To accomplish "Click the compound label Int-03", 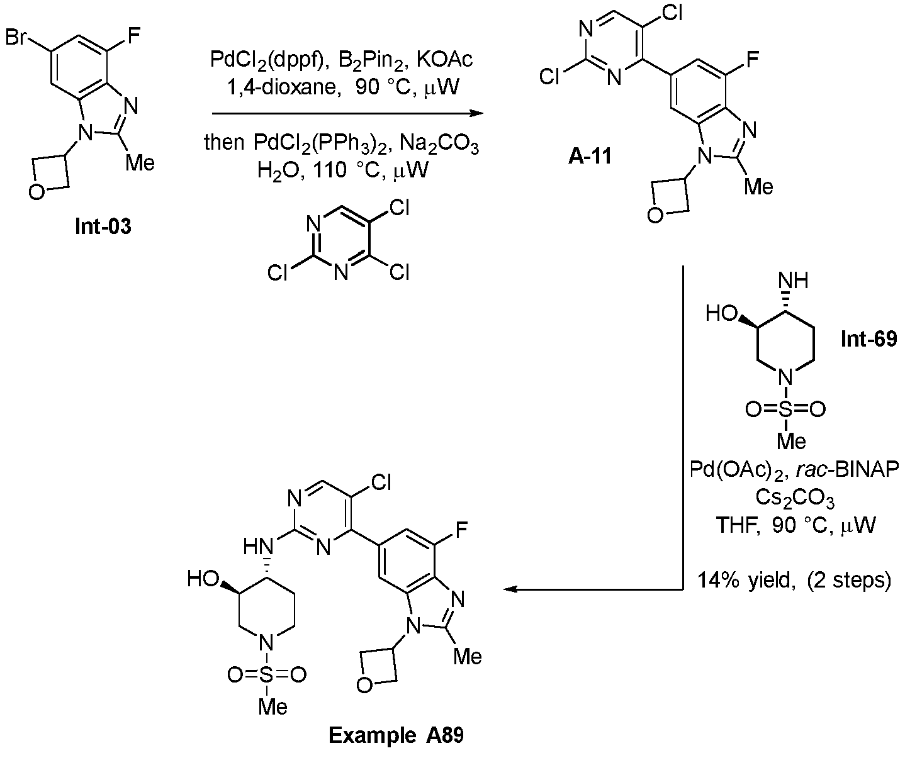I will coord(103,226).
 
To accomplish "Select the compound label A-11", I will coord(590,155).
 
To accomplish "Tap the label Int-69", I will coord(869,339).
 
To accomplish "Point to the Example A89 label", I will coord(396,735).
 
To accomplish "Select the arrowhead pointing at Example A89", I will coord(511,590).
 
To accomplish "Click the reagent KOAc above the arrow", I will coord(445,60).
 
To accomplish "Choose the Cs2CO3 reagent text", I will coord(795,498).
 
